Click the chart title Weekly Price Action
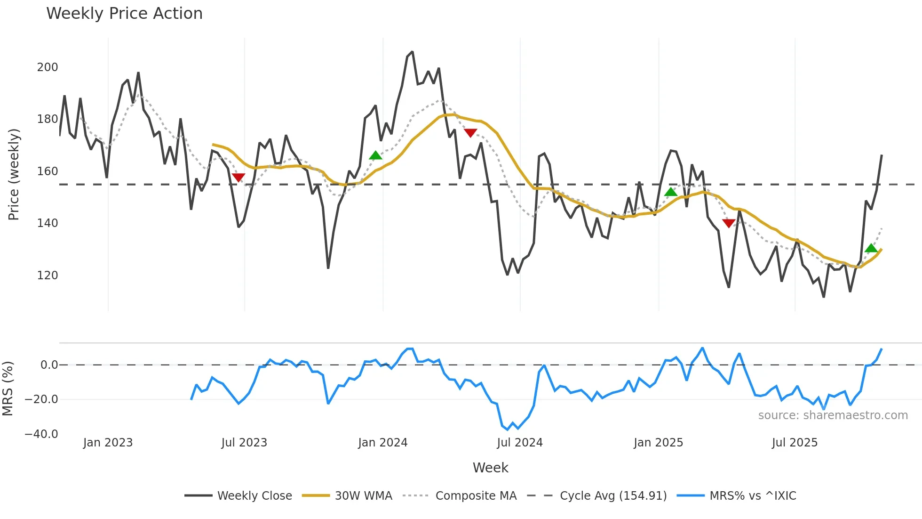(x=124, y=13)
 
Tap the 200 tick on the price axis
(x=48, y=67)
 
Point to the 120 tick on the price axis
(x=48, y=276)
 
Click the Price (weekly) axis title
(x=14, y=174)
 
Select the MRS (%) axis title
(x=8, y=389)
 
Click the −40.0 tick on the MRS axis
(x=41, y=434)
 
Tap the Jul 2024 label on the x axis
(x=520, y=443)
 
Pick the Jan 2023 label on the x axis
(x=108, y=443)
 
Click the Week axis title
(x=490, y=468)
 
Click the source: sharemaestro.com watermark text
(x=833, y=415)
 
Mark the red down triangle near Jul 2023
(x=238, y=177)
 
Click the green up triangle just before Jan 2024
(x=375, y=155)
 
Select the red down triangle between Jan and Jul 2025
(x=729, y=223)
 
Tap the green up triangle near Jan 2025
(x=671, y=192)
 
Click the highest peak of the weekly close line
(x=413, y=52)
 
